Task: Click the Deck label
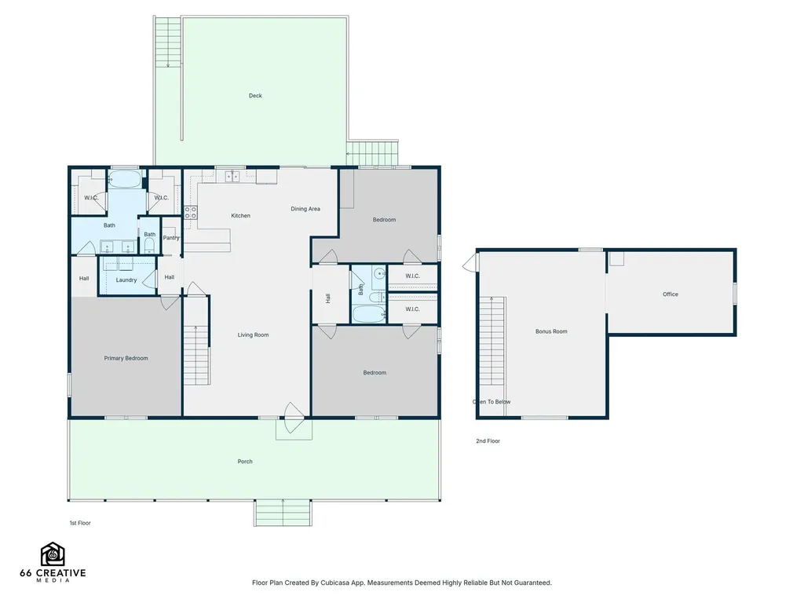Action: [255, 96]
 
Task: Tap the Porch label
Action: [245, 462]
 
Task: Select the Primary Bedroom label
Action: [126, 358]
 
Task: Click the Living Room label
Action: [254, 335]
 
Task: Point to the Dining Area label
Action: [305, 209]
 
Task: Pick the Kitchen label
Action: [240, 216]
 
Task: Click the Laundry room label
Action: [126, 280]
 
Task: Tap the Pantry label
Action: [171, 238]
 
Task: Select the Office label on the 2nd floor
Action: [671, 294]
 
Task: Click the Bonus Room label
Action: [551, 332]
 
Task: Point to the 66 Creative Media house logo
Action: [53, 554]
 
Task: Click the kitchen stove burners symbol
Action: [191, 212]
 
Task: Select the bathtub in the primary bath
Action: [125, 180]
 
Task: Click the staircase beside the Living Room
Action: [196, 355]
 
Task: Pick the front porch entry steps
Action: [283, 513]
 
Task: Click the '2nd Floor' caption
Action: [488, 441]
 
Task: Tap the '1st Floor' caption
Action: [80, 523]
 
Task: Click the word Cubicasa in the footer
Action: [334, 583]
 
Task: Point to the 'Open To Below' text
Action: [492, 402]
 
